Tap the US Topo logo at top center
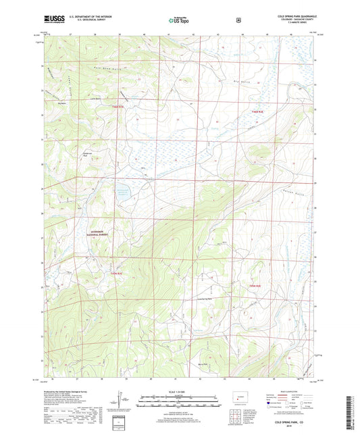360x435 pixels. pyautogui.click(x=178, y=20)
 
